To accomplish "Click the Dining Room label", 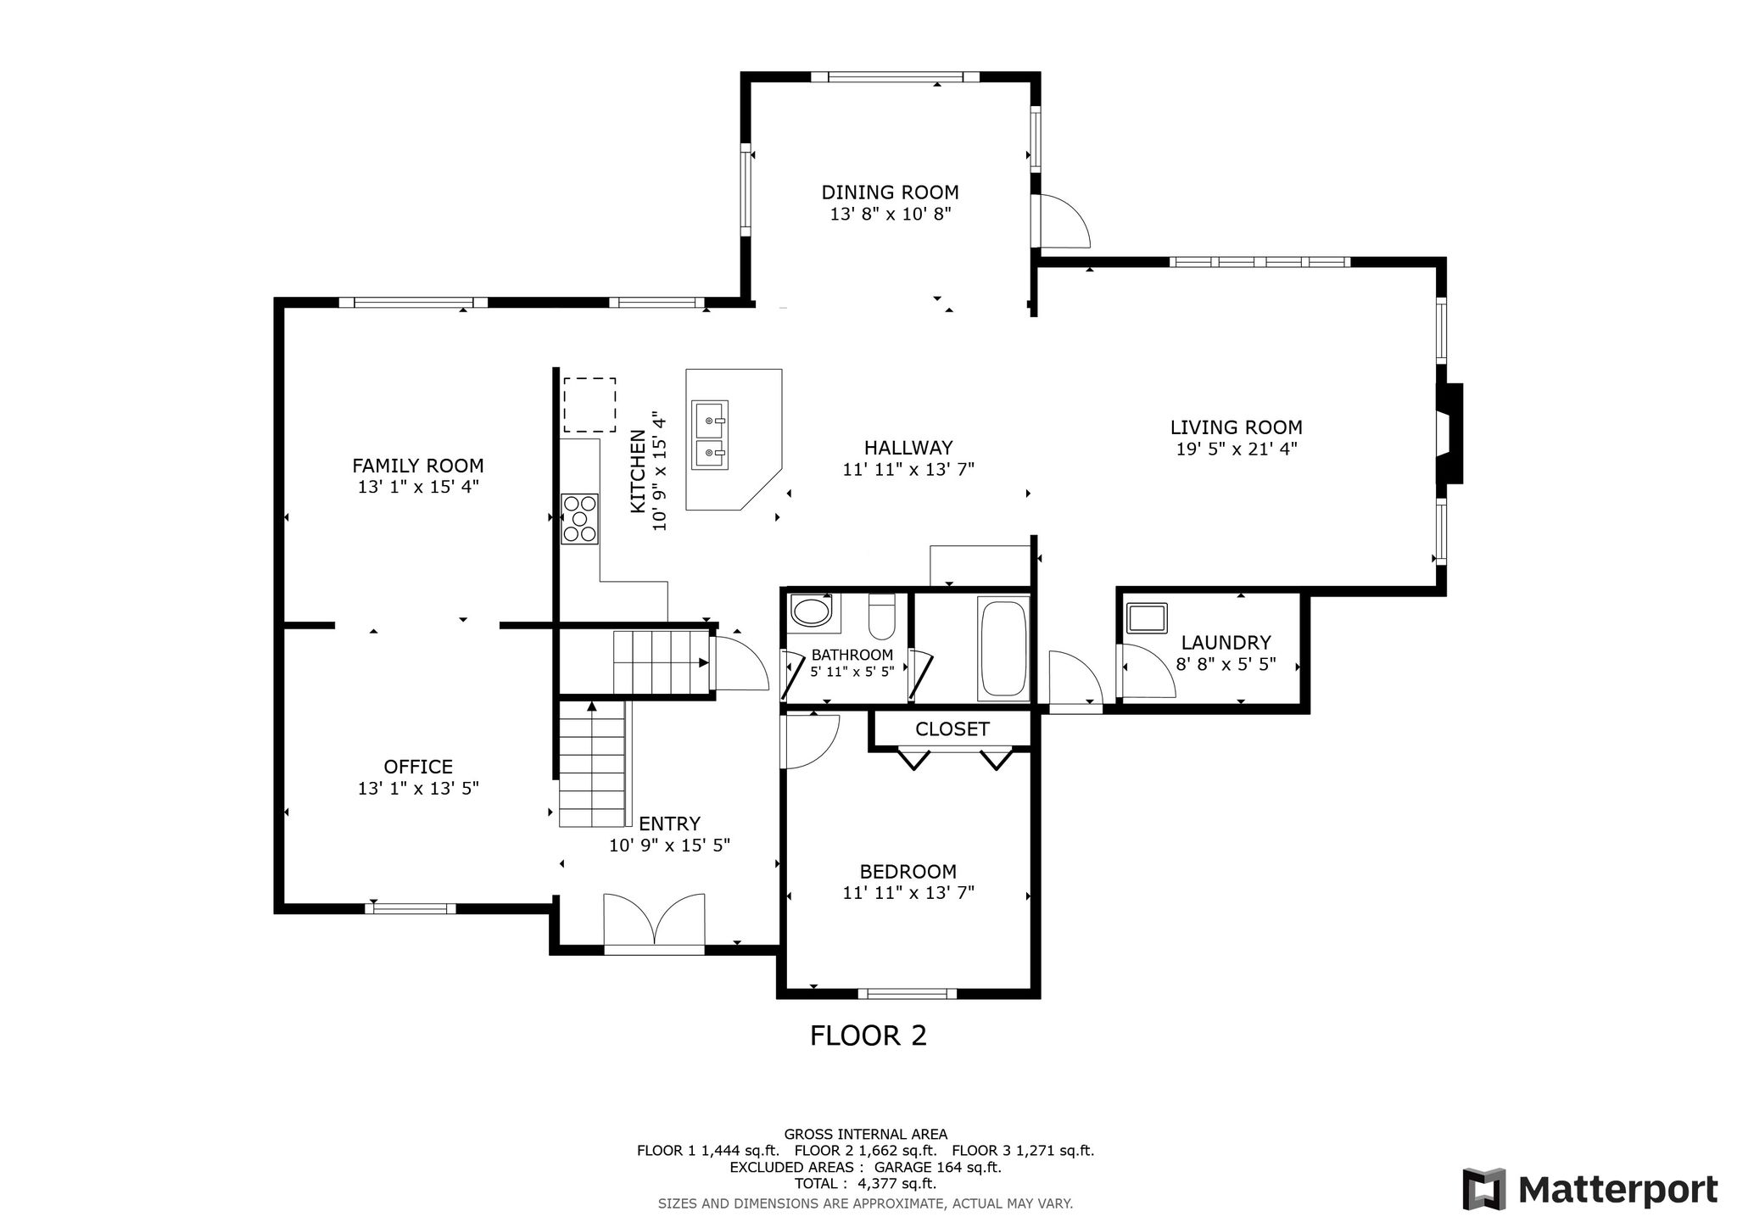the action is (890, 193).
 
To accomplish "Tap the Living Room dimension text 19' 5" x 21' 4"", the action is (1237, 449).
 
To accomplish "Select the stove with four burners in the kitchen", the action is (580, 518).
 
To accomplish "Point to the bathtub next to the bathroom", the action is (1003, 650).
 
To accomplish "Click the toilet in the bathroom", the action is (882, 616).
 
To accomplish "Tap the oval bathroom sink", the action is (813, 611).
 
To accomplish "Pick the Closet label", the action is (952, 729).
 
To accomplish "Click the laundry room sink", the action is (1146, 617).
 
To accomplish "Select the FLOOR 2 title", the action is (868, 1035).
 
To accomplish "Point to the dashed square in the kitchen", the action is (589, 405).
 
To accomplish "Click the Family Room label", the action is (418, 466).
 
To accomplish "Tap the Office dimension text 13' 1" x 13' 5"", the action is (418, 789).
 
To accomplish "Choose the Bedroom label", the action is (908, 872).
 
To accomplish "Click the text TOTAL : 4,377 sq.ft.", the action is (865, 1184).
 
